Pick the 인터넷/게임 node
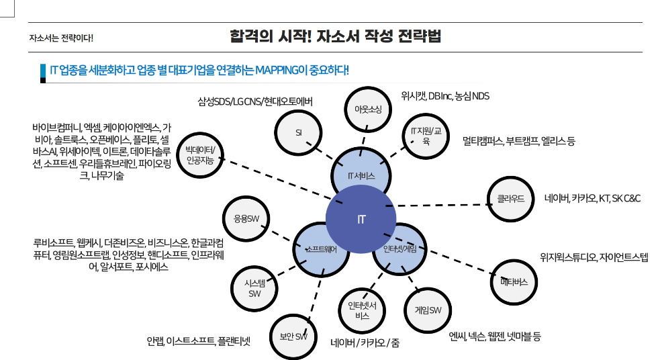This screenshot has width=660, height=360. click(x=400, y=249)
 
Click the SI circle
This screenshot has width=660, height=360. click(x=298, y=132)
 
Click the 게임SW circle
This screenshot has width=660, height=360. click(x=426, y=310)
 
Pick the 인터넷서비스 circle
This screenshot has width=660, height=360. click(x=361, y=310)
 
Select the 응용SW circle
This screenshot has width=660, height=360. click(x=246, y=218)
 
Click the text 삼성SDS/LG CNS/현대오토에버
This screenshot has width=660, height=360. click(x=255, y=101)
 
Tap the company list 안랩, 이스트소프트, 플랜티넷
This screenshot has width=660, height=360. click(x=199, y=341)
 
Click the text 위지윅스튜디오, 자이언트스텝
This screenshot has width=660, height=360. click(x=594, y=257)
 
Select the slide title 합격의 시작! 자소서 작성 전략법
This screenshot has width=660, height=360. click(x=335, y=36)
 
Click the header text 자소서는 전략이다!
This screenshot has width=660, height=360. click(x=61, y=38)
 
